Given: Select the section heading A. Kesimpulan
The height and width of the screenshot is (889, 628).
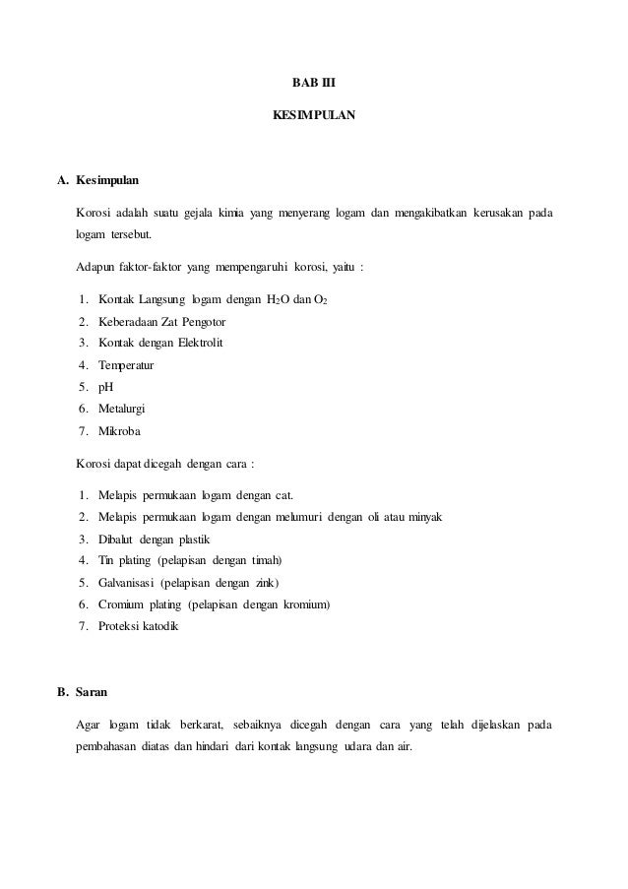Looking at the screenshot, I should click(98, 181).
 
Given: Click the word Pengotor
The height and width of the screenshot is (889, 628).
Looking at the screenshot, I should click(202, 321).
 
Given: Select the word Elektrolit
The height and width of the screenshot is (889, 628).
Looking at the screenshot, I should click(200, 343).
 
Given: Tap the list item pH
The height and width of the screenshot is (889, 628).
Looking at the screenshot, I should click(106, 386).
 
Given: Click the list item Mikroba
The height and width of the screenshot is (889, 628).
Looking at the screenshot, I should click(119, 429).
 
